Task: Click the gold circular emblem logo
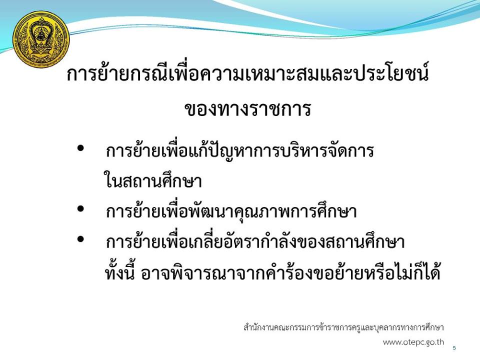[41, 39]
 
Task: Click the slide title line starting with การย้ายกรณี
[247, 74]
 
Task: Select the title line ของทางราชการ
[247, 109]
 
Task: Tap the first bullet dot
[80, 148]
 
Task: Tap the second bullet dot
[80, 209]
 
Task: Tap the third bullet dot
[80, 239]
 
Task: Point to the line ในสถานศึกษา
[153, 180]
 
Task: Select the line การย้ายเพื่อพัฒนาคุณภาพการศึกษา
[231, 210]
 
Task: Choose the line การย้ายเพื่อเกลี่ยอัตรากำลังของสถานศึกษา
[255, 241]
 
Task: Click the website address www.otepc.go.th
[413, 342]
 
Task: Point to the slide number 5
[454, 348]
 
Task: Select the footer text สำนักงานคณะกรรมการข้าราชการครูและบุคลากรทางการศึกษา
[344, 327]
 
